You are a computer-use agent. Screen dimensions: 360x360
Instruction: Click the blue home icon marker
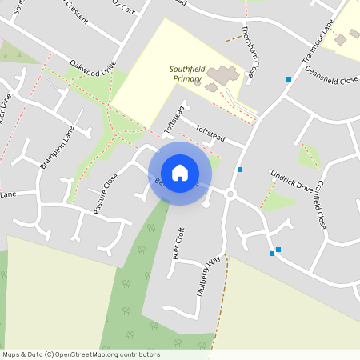tap(180, 172)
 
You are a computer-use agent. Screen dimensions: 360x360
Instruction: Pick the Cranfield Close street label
tap(318, 206)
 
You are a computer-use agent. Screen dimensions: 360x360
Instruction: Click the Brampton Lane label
tap(56, 147)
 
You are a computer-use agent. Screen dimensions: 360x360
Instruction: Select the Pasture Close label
tap(105, 194)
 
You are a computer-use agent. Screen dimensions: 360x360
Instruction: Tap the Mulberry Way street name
tap(208, 277)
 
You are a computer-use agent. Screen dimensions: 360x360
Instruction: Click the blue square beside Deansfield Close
tap(288, 78)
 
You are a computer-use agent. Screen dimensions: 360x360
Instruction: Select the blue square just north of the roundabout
tap(239, 170)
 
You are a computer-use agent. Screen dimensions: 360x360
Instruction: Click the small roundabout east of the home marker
tap(230, 194)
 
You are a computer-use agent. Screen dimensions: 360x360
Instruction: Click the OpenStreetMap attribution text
tap(80, 354)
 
